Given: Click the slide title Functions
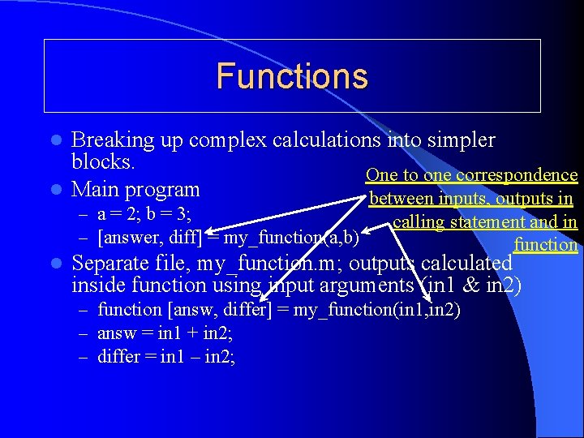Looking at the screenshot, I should tap(292, 76).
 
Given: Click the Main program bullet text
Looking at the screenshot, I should tap(135, 190).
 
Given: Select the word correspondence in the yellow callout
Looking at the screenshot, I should tap(518, 175).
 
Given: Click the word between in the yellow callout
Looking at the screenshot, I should tap(401, 199).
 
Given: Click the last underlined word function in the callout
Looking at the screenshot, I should tap(545, 245).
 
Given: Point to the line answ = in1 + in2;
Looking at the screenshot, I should tap(165, 333).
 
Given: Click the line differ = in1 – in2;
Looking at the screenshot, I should tap(166, 356).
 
